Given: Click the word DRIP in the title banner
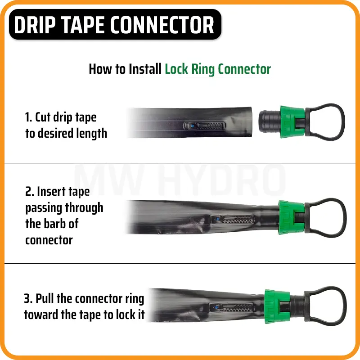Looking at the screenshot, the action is point(35,25).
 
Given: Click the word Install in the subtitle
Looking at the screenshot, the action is point(145,69).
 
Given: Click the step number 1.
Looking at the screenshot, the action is point(28,117).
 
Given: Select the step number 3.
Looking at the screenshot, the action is point(28,298).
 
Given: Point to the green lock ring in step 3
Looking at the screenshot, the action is point(277,306).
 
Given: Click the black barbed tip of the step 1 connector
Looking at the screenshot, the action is point(269,121).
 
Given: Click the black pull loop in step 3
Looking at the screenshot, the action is point(344,306).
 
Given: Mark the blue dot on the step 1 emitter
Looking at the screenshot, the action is point(193,126).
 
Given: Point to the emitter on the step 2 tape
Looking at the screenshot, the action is point(233,220).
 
